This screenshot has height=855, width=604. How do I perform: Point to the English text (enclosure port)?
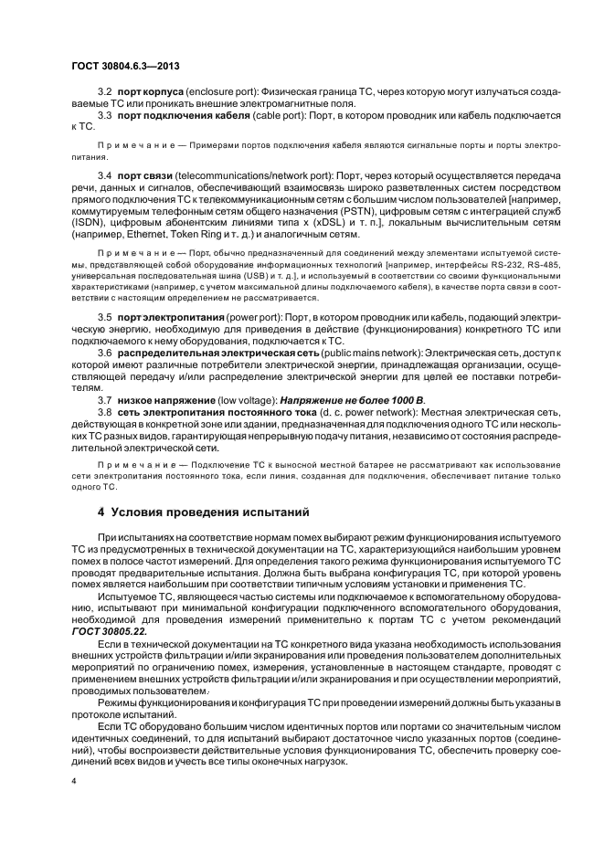pyautogui.click(x=222, y=93)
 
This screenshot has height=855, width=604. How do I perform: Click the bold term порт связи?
pyautogui.click(x=143, y=174)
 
